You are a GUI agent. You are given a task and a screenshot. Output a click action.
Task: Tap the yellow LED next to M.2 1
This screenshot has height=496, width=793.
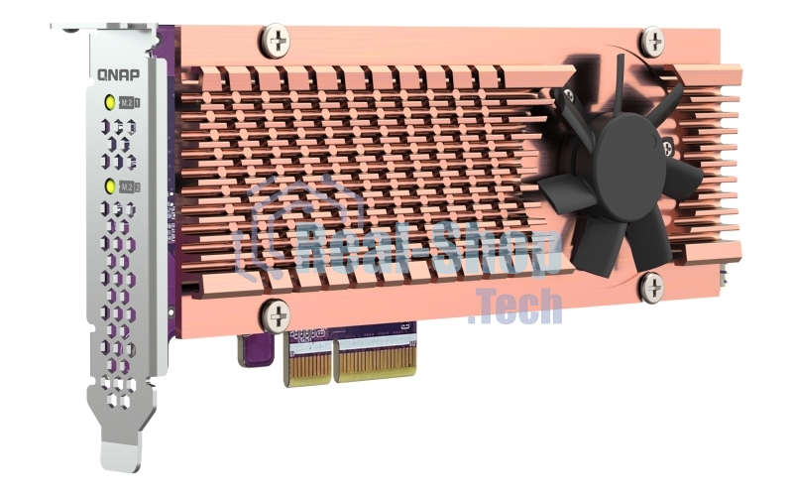click(x=107, y=102)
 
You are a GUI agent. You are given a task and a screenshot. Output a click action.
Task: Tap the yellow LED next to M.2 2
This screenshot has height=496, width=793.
click(x=107, y=186)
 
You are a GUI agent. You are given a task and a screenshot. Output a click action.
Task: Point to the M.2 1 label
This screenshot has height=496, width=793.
click(x=129, y=102)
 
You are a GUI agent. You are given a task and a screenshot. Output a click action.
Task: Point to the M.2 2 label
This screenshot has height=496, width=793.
click(x=129, y=186)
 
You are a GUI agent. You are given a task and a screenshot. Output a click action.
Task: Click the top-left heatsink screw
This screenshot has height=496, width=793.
click(x=277, y=41)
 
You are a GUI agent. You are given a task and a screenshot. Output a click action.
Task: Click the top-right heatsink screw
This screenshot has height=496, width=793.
click(x=651, y=41)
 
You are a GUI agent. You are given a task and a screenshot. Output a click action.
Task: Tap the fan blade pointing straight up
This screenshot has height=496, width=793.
click(x=618, y=84)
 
